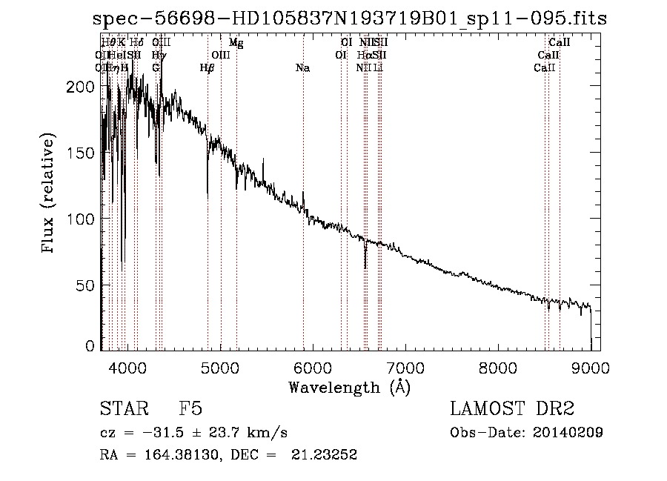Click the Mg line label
click(x=236, y=43)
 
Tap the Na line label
click(x=302, y=68)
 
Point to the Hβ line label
click(x=208, y=68)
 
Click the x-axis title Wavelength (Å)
click(x=348, y=387)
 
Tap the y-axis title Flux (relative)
click(x=49, y=194)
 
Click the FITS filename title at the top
click(x=354, y=18)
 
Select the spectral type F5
click(x=190, y=409)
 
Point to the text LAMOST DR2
click(x=512, y=409)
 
